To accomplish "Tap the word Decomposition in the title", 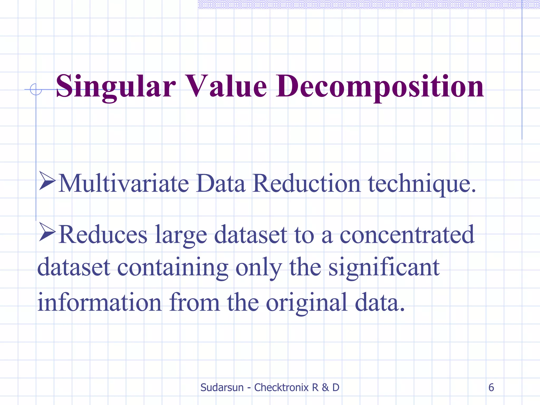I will (380, 86).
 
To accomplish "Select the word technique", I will (422, 184).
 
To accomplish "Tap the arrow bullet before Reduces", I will (47, 232).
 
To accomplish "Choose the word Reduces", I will (103, 234).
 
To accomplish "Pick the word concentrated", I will (407, 234).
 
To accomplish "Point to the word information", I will (99, 302).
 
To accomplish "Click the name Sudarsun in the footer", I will (222, 387).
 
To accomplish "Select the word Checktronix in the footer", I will (281, 387).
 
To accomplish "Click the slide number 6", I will (491, 387).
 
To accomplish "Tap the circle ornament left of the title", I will (36, 89).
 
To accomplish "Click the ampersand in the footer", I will (325, 387).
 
